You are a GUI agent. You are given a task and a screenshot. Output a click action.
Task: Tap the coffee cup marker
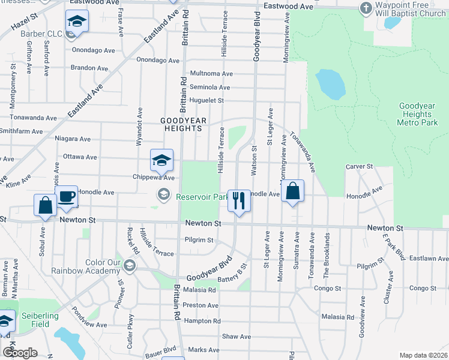point(66,196)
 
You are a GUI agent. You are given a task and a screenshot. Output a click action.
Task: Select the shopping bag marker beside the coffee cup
point(46,205)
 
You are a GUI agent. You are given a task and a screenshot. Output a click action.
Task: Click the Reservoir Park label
point(200,196)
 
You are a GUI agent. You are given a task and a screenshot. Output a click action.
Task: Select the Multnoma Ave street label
point(211,74)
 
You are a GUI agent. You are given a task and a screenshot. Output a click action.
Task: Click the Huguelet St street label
point(206,101)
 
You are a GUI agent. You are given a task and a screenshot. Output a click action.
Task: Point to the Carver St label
point(359,166)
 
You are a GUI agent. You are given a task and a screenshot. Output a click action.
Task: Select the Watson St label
point(255,160)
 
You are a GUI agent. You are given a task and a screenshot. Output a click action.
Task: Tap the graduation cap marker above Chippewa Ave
point(161,160)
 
